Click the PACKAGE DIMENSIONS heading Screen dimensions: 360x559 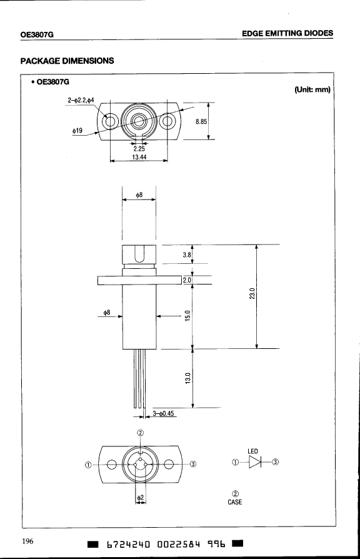pyautogui.click(x=67, y=61)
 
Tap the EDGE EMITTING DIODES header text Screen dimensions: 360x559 pyautogui.click(x=287, y=34)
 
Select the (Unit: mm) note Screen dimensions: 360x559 pyautogui.click(x=312, y=89)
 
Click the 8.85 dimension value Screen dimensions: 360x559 pyautogui.click(x=201, y=121)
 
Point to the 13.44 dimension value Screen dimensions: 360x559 pyautogui.click(x=139, y=157)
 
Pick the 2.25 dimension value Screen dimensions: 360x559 pyautogui.click(x=139, y=149)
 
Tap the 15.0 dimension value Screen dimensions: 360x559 pyautogui.click(x=188, y=316)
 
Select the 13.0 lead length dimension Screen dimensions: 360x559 pyautogui.click(x=188, y=378)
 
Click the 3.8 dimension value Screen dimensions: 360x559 pyautogui.click(x=187, y=255)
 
